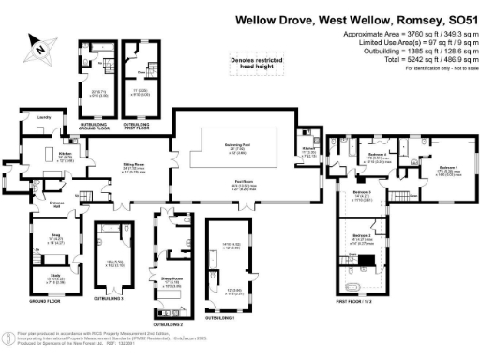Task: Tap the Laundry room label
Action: [43, 117]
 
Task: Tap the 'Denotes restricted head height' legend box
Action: [245, 63]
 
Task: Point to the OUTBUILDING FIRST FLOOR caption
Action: [136, 122]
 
